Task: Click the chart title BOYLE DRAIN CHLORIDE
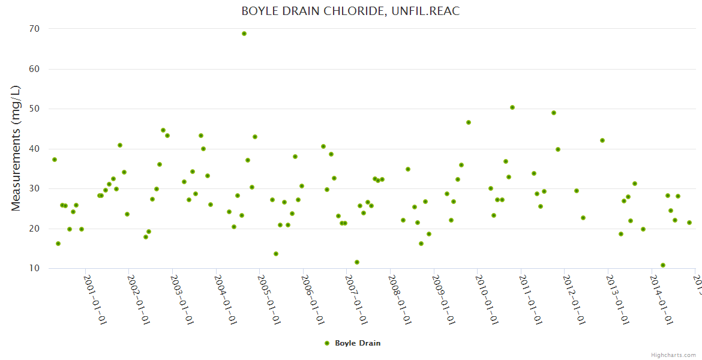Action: coord(350,11)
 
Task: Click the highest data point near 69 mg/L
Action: coord(244,34)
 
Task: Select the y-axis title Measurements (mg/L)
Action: coord(16,148)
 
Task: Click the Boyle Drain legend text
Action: coord(358,343)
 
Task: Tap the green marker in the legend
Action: coord(327,343)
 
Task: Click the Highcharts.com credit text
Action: coord(673,355)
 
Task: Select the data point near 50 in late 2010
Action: coord(512,107)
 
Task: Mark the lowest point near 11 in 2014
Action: coord(663,265)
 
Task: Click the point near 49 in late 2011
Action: coord(554,113)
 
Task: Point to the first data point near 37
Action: coord(55,160)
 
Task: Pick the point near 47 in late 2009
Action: coord(469,122)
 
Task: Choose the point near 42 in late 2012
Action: coord(602,140)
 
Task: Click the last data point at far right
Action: coord(689,223)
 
